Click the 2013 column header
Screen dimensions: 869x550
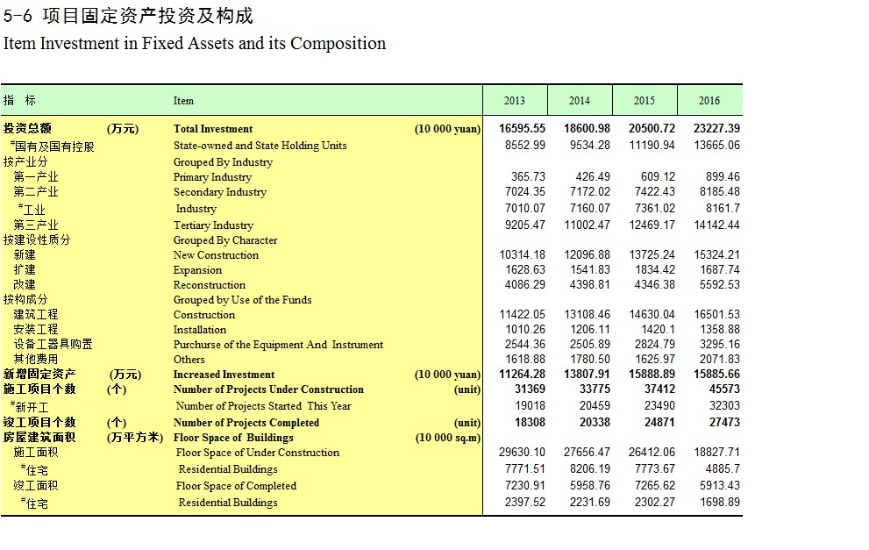point(515,100)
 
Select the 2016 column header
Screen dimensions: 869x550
point(709,100)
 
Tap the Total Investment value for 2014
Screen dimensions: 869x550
point(587,129)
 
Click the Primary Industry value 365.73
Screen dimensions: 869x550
point(528,177)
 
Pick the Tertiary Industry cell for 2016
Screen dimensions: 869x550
point(716,225)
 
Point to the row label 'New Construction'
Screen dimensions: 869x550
point(216,255)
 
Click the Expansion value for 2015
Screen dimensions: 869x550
point(655,270)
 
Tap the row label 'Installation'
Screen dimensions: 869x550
point(200,330)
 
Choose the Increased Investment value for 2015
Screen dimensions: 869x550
point(652,375)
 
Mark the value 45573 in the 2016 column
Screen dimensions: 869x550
point(724,389)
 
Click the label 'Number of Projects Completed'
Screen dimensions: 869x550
point(246,423)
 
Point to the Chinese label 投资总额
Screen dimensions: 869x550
point(27,129)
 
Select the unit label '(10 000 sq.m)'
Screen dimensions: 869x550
point(448,438)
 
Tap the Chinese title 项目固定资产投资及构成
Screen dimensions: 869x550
point(148,16)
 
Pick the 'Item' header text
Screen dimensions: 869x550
point(183,101)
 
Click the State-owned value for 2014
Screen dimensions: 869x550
point(589,146)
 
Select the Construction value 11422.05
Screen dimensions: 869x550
point(522,314)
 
